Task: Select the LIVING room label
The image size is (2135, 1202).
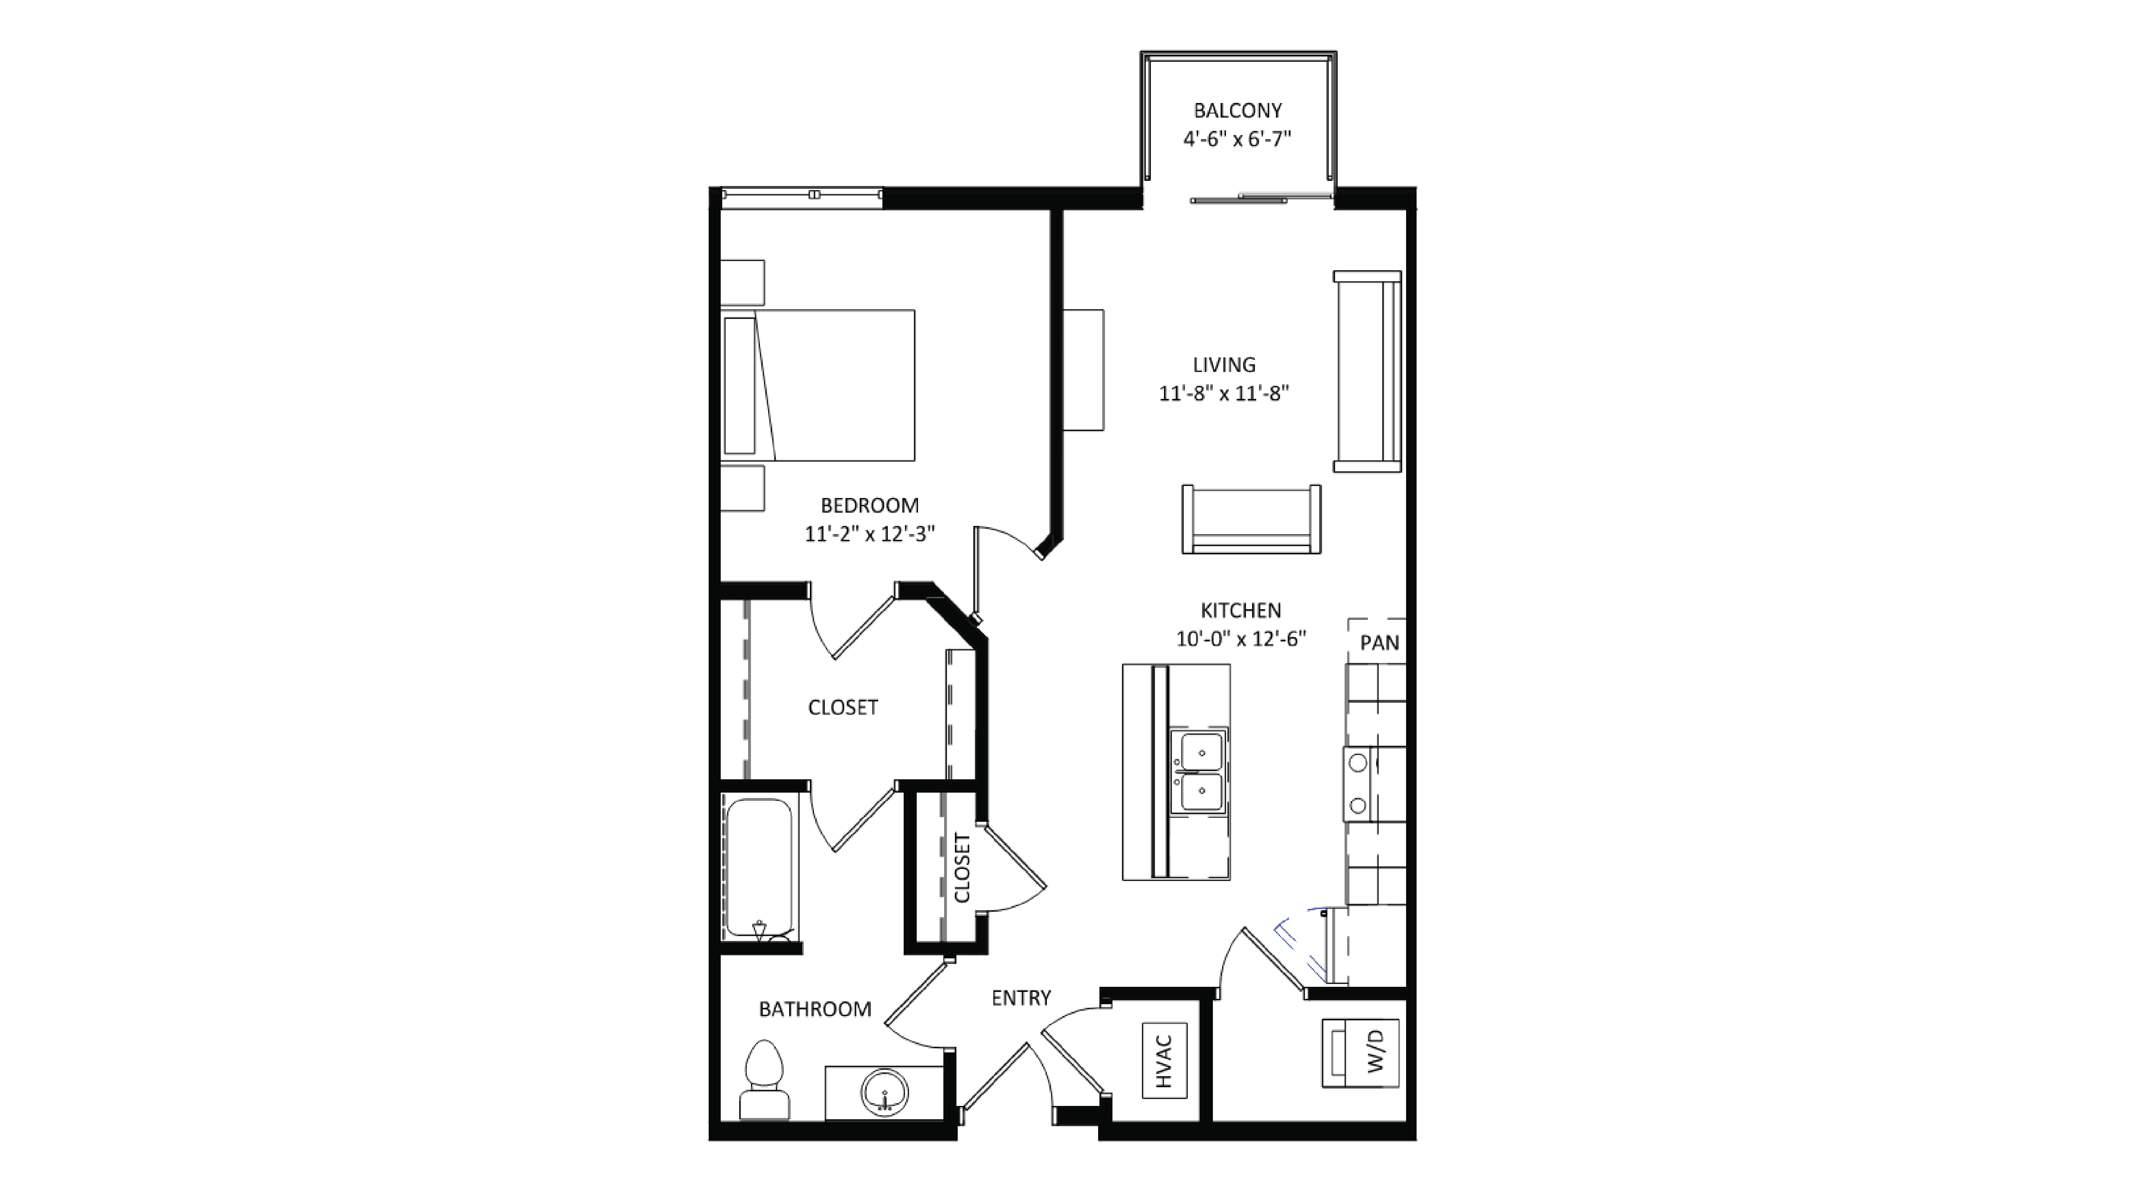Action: (1224, 365)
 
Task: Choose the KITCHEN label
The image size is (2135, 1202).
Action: (1241, 610)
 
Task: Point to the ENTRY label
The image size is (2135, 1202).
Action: (1021, 998)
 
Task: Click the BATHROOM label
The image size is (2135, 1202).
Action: (815, 1009)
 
